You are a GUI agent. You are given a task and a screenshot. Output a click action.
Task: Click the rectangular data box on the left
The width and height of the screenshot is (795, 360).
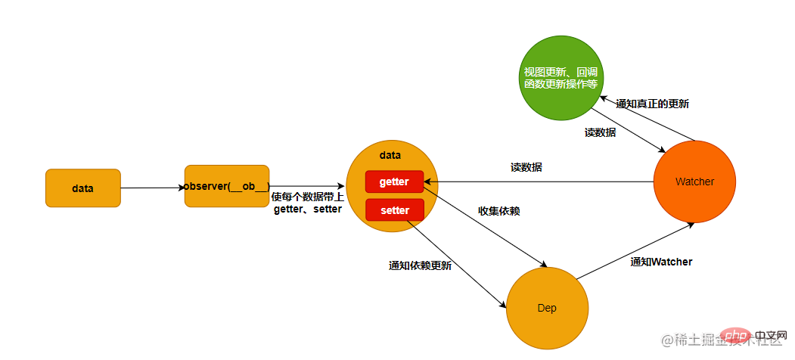coord(82,188)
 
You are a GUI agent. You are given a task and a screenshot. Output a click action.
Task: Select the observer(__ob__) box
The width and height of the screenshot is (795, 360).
coord(227,186)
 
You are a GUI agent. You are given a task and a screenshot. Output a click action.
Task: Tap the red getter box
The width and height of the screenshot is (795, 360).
coord(394,182)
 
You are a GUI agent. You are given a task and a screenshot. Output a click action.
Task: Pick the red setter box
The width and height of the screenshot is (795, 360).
coord(394,210)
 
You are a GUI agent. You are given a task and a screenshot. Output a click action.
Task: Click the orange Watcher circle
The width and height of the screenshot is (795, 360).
coord(694,182)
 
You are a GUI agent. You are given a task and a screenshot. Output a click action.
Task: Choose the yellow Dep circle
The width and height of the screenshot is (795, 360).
coord(547,309)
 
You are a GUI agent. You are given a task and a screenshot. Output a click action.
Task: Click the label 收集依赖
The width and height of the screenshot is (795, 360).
coord(498,211)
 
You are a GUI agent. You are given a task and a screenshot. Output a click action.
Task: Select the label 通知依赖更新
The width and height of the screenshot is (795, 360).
coord(420,265)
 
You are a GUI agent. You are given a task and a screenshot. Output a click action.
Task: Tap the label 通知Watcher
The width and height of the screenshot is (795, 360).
coord(661,262)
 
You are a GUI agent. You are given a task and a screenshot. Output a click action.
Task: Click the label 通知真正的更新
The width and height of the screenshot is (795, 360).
coord(652,104)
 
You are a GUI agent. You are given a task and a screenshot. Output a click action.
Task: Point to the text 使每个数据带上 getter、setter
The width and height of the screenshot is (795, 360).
coord(306,203)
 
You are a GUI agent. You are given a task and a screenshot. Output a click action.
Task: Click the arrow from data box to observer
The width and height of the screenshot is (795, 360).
coord(151,188)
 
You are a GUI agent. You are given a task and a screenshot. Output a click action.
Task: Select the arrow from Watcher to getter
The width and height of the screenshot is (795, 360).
coord(537,182)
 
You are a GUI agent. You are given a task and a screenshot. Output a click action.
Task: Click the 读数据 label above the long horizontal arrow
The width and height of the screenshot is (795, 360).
coord(526,167)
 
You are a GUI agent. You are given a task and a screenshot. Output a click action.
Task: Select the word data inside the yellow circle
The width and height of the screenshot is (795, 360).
coord(390,154)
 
